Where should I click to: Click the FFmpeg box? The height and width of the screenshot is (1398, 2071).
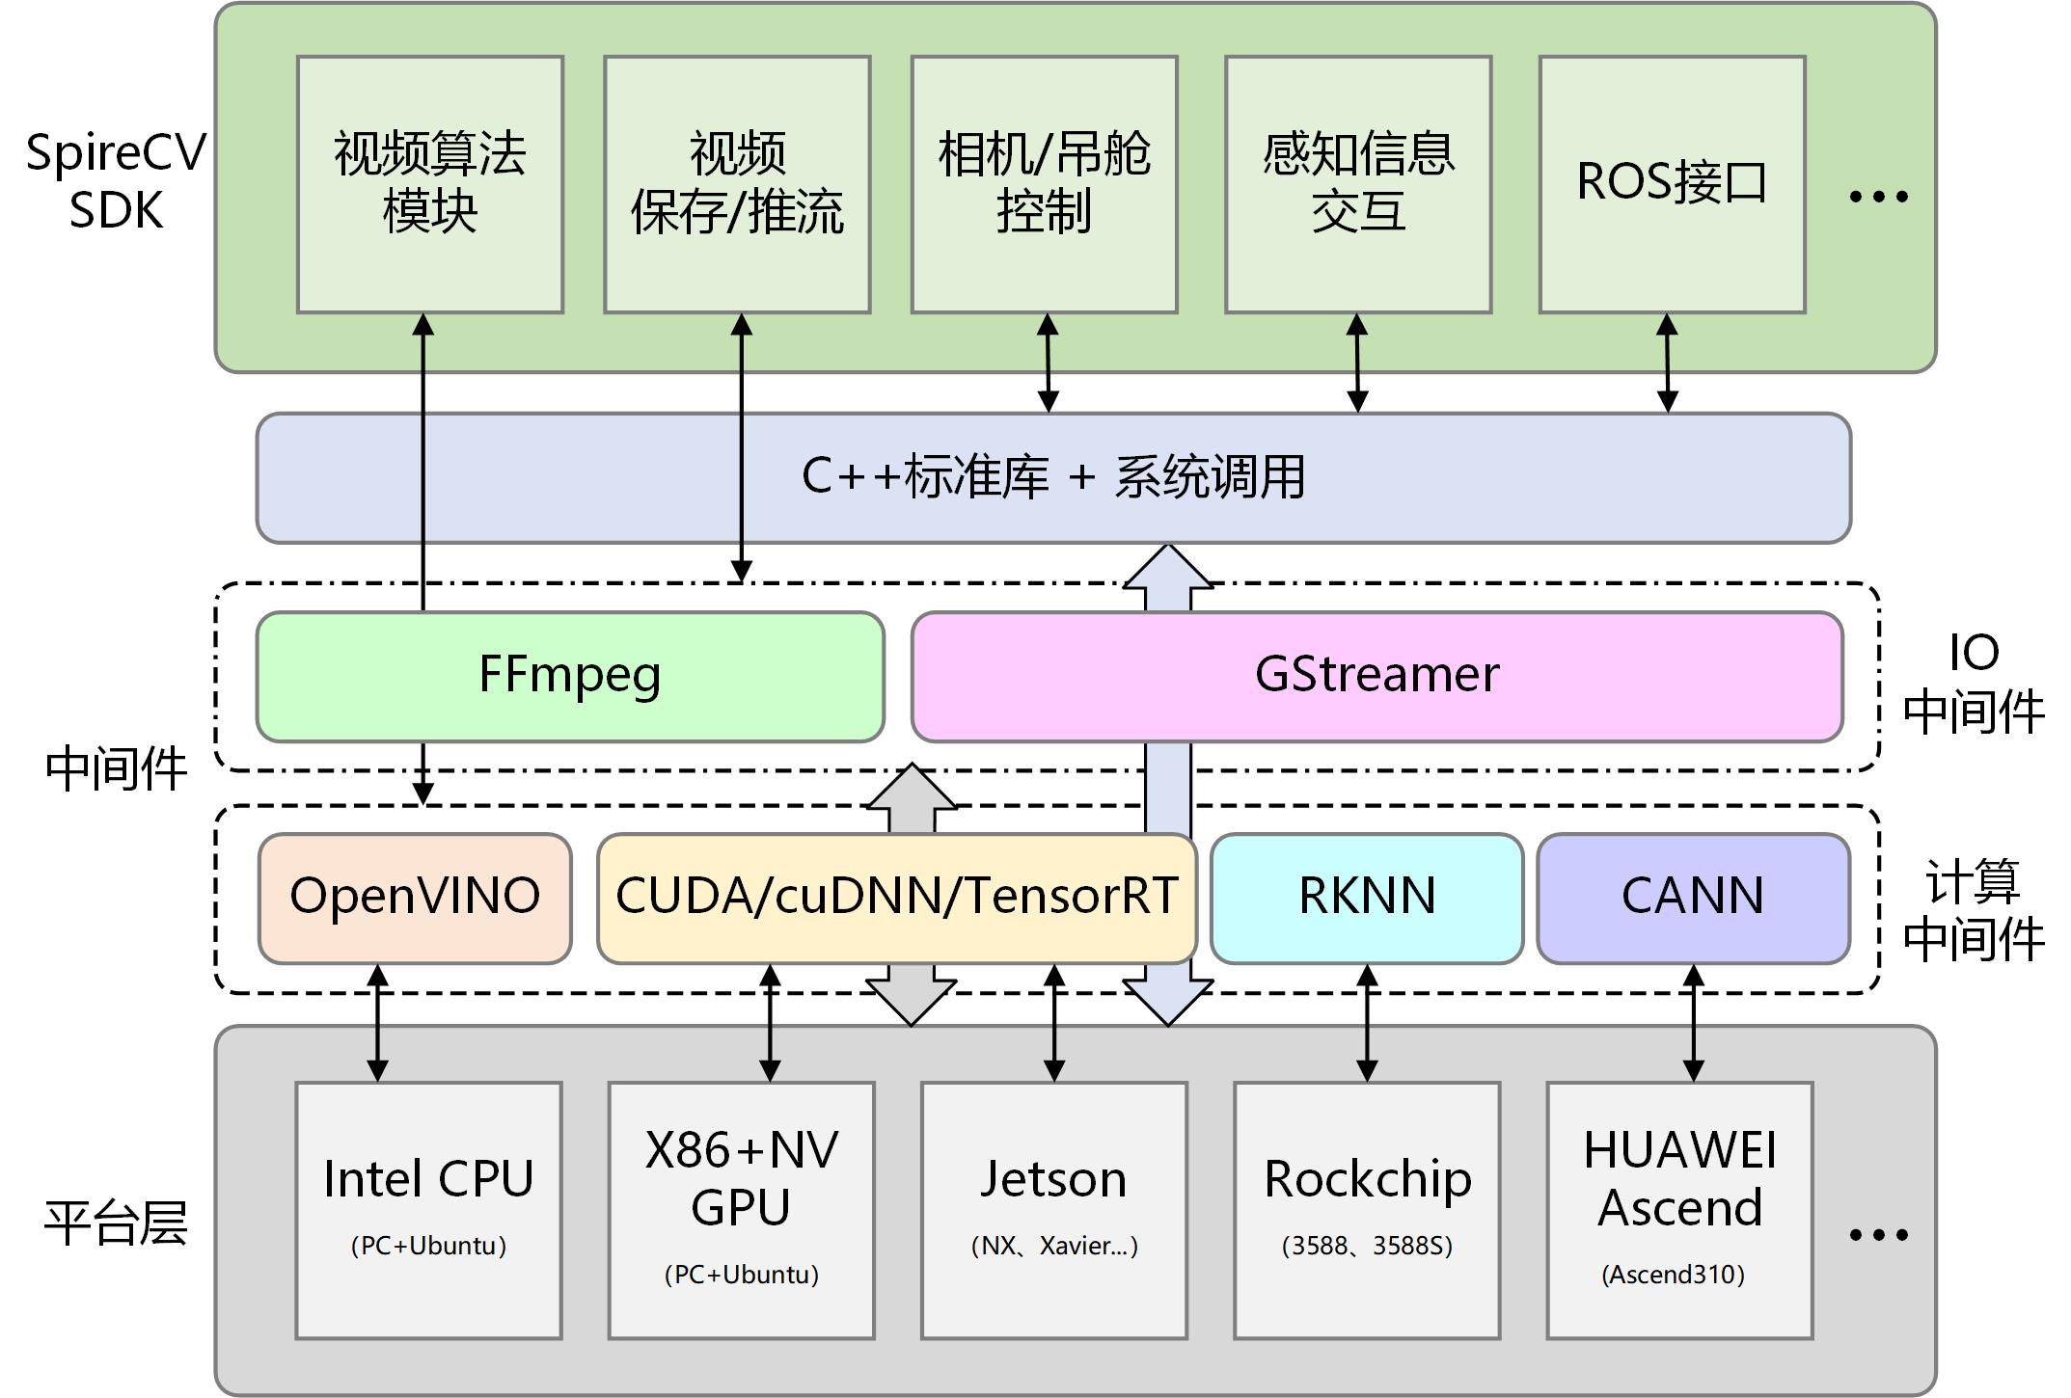pos(569,676)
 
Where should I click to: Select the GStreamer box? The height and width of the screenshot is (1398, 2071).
pos(1376,676)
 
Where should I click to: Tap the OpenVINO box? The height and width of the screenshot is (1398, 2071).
pos(415,898)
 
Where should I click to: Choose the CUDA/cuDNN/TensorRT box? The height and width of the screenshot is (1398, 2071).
pos(896,898)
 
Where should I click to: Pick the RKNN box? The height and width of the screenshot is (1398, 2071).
pos(1366,898)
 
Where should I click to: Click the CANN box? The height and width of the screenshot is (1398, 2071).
pos(1693,898)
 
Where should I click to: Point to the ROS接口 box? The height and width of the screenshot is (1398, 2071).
pos(1672,184)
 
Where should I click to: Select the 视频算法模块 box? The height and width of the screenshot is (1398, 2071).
pos(430,184)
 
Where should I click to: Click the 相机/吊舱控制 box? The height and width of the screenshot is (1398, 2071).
pos(1044,184)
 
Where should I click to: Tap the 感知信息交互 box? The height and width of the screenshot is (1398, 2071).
pos(1358,184)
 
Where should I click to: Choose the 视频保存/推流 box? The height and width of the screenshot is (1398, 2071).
pos(737,184)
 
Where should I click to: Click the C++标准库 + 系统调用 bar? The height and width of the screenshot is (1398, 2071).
pos(1052,477)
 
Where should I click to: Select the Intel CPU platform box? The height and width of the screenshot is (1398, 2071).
pos(428,1209)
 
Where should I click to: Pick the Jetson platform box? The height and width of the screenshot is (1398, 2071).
pos(1053,1209)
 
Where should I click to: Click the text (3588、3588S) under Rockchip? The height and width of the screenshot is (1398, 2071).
pos(1367,1246)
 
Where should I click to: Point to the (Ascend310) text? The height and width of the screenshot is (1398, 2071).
pos(1673,1275)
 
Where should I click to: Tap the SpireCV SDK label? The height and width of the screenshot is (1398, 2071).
pos(116,181)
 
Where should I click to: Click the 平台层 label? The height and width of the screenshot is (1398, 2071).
pos(116,1223)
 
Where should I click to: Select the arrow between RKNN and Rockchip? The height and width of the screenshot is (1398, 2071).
pos(1367,1023)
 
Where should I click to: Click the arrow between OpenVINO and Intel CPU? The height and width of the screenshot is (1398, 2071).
pos(378,1023)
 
